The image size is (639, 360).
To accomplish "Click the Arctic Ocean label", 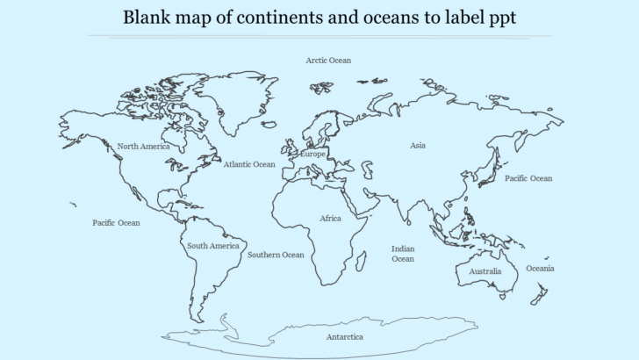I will (x=328, y=61).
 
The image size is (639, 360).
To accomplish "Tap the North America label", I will (x=143, y=146).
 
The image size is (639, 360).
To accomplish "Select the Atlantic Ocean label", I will (x=248, y=164).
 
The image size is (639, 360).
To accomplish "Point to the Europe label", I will (x=312, y=154).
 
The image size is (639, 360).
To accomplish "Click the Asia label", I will (x=418, y=145).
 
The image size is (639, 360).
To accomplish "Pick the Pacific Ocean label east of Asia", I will (x=528, y=178).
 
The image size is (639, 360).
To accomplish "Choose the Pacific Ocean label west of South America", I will (x=116, y=223).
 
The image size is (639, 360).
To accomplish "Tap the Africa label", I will (x=330, y=218).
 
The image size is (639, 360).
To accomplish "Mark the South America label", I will (x=212, y=246).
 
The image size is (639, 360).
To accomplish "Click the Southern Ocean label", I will (x=276, y=255).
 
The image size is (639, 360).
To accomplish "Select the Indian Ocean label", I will (x=403, y=254).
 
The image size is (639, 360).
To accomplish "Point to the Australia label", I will (x=485, y=271).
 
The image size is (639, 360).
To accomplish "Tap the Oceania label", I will (x=540, y=268).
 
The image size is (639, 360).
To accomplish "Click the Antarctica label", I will (x=344, y=336).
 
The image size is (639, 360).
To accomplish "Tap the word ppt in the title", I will (x=499, y=18).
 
